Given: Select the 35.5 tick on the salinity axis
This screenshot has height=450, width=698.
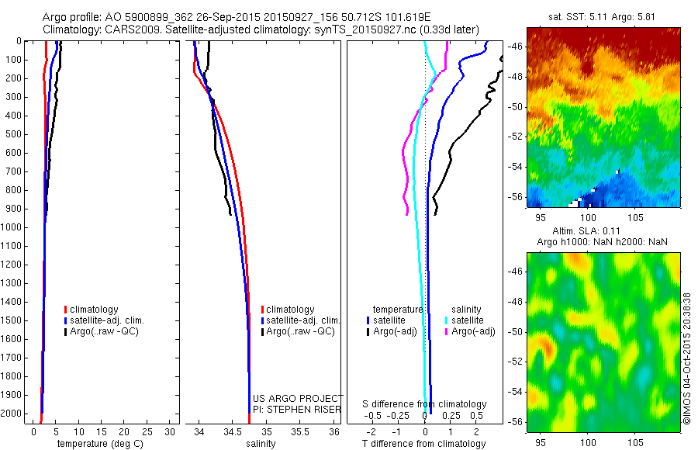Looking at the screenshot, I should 299,431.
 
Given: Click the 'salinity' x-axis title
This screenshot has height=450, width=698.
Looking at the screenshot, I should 261,444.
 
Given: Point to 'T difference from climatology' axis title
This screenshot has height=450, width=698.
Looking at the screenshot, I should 425,444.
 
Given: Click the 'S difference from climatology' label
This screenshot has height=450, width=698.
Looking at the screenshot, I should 425,404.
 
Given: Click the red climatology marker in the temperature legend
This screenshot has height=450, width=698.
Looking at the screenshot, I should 66,310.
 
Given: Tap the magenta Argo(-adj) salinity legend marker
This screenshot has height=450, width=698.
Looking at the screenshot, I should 447,331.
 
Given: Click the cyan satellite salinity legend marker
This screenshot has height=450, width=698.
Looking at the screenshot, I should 447,320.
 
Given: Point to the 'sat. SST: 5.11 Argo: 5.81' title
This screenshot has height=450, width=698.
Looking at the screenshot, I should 603,15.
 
